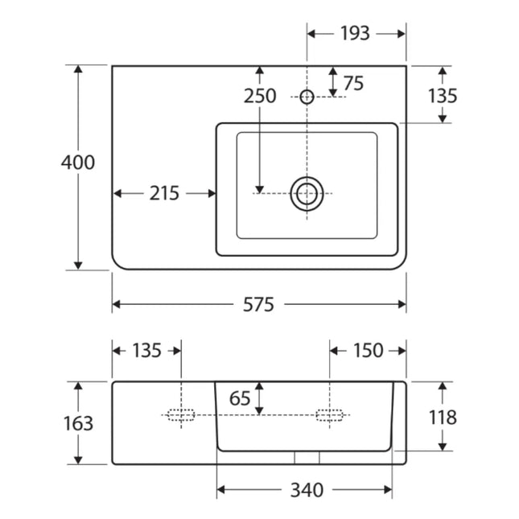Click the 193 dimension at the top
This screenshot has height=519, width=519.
355,34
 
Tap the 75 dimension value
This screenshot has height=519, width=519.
353,83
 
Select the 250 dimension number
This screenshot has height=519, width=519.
260,96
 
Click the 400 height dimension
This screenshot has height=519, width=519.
78,163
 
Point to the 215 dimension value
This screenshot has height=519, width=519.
164,193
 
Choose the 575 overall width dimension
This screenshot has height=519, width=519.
258,304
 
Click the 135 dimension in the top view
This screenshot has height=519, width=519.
443,96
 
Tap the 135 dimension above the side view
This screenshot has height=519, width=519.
147,351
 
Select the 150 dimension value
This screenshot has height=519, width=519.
368,351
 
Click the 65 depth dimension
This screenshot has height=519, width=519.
240,398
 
